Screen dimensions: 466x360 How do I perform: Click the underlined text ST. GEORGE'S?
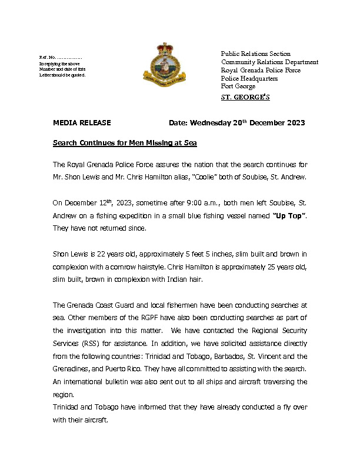point(245,98)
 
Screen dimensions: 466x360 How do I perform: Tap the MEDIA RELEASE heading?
point(82,123)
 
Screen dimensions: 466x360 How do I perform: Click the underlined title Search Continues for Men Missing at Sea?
point(125,143)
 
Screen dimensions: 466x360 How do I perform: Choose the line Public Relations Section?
point(256,54)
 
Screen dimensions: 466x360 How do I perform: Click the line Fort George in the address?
point(238,86)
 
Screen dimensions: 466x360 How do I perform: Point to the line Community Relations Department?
point(269,62)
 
